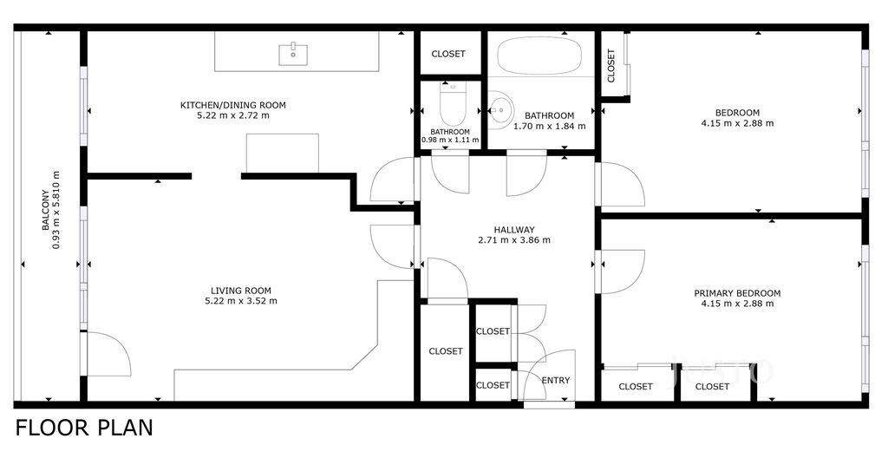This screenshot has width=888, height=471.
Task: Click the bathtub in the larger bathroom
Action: [539, 56]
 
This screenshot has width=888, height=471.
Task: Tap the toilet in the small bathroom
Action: [452, 104]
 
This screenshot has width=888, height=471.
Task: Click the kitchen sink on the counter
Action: [293, 55]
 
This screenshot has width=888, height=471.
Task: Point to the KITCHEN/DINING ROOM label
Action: [232, 105]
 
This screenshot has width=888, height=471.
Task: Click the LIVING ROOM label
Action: [241, 291]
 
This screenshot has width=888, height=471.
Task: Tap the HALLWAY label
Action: [514, 230]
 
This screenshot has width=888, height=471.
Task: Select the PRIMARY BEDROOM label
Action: [737, 293]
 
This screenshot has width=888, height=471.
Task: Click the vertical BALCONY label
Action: [46, 210]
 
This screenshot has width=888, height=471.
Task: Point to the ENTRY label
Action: [556, 380]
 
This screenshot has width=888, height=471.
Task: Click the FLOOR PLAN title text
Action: [84, 428]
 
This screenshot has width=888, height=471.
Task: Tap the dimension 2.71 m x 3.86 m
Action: [514, 239]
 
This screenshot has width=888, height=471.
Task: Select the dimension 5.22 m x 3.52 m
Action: [241, 301]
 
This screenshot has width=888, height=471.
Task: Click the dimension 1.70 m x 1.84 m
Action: [549, 126]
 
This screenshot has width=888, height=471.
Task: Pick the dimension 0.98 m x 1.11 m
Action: [450, 140]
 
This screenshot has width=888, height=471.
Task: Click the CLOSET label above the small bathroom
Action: [448, 54]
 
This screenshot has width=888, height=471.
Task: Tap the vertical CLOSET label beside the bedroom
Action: [611, 66]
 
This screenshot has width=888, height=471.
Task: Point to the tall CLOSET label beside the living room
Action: [446, 351]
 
